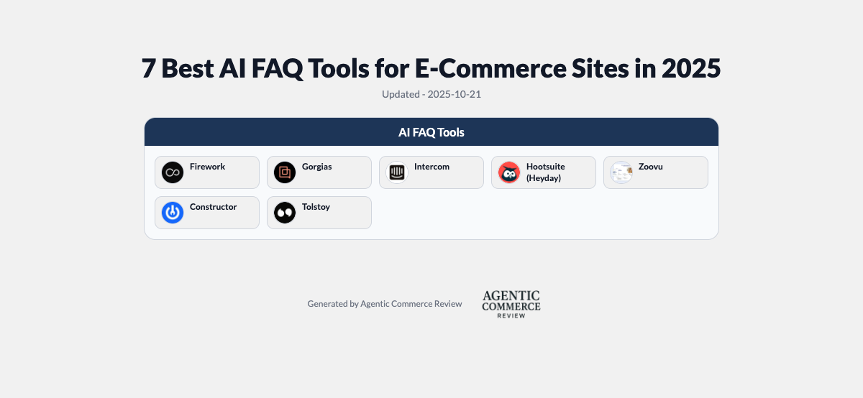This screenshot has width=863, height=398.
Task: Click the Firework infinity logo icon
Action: [173, 172]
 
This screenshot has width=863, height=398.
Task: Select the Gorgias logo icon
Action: [285, 172]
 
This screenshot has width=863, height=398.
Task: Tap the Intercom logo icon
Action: [397, 172]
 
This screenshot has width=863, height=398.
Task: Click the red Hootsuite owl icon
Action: [509, 172]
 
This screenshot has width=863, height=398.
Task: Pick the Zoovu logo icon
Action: [621, 172]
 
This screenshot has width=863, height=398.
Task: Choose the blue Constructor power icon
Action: [173, 213]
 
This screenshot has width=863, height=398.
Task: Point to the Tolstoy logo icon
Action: [285, 213]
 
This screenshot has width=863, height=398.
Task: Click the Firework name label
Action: [207, 167]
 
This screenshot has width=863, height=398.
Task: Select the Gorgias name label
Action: [316, 167]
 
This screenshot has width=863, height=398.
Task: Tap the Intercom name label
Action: [431, 167]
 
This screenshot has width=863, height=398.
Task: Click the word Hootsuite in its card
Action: [545, 167]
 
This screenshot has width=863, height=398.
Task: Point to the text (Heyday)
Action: [543, 178]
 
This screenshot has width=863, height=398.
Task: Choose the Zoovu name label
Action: [650, 167]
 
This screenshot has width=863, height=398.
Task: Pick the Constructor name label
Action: [213, 207]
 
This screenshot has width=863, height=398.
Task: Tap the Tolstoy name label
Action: [316, 207]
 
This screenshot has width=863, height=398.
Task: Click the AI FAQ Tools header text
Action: [431, 133]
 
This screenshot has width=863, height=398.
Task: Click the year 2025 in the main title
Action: [690, 69]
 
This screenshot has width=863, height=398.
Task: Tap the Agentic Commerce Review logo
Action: [511, 304]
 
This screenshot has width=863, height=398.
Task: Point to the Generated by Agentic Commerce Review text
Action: [385, 304]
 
